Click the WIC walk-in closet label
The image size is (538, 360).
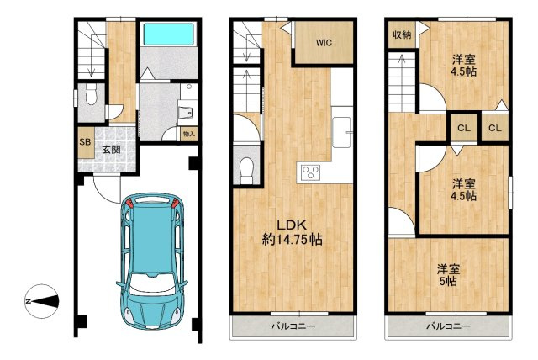click(x=324, y=43)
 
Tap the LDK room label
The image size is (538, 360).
click(x=292, y=225)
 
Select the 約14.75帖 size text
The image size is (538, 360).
click(x=292, y=239)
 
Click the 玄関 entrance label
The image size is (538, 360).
click(x=112, y=150)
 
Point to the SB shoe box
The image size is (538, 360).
click(x=86, y=142)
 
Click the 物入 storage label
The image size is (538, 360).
click(x=189, y=134)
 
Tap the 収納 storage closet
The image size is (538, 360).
click(x=402, y=34)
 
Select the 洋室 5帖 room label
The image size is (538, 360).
click(x=448, y=275)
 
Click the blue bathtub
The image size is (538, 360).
click(x=168, y=34)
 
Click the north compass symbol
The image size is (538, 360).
click(x=42, y=301)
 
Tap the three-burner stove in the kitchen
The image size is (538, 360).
click(x=310, y=172)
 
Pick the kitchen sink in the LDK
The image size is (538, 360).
click(x=341, y=132)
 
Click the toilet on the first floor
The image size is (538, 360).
click(x=91, y=94)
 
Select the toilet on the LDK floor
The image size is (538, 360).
click(x=246, y=171)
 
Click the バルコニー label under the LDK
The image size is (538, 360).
click(x=293, y=326)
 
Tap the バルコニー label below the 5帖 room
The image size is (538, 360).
click(x=448, y=326)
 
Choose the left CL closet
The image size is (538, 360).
click(x=463, y=129)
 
